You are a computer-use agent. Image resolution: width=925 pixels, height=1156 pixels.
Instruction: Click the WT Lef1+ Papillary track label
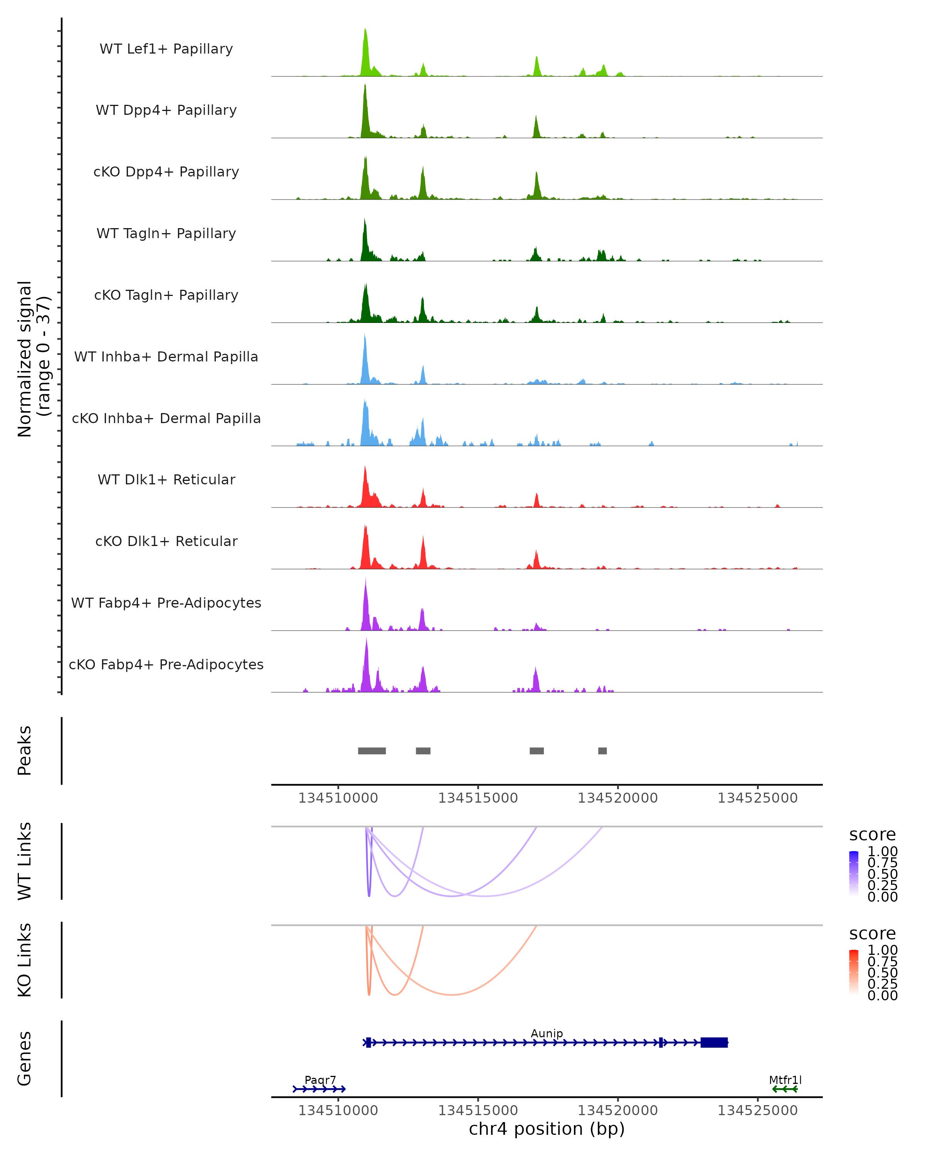166,49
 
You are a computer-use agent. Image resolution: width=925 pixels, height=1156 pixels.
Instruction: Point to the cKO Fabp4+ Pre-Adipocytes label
166,664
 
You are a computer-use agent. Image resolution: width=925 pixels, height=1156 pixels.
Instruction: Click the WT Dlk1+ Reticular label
166,479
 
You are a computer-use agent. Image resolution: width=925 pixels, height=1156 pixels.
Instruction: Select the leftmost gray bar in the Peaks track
372,751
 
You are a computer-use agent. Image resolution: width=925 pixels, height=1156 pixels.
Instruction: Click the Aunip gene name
547,1033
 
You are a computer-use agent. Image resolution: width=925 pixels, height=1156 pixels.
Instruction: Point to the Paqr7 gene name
320,1080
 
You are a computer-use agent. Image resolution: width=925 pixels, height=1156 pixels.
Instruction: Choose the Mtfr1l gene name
785,1080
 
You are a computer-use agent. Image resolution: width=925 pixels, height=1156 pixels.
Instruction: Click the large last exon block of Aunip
714,1042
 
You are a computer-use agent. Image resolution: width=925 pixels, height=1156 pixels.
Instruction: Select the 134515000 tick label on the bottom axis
478,1111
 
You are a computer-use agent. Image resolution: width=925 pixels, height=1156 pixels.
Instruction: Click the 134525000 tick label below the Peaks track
757,798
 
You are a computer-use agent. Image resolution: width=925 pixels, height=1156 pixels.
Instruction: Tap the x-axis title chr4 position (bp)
547,1129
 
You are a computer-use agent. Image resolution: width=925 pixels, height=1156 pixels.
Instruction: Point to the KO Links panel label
25,960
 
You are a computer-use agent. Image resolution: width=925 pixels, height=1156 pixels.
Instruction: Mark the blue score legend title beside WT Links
872,834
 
